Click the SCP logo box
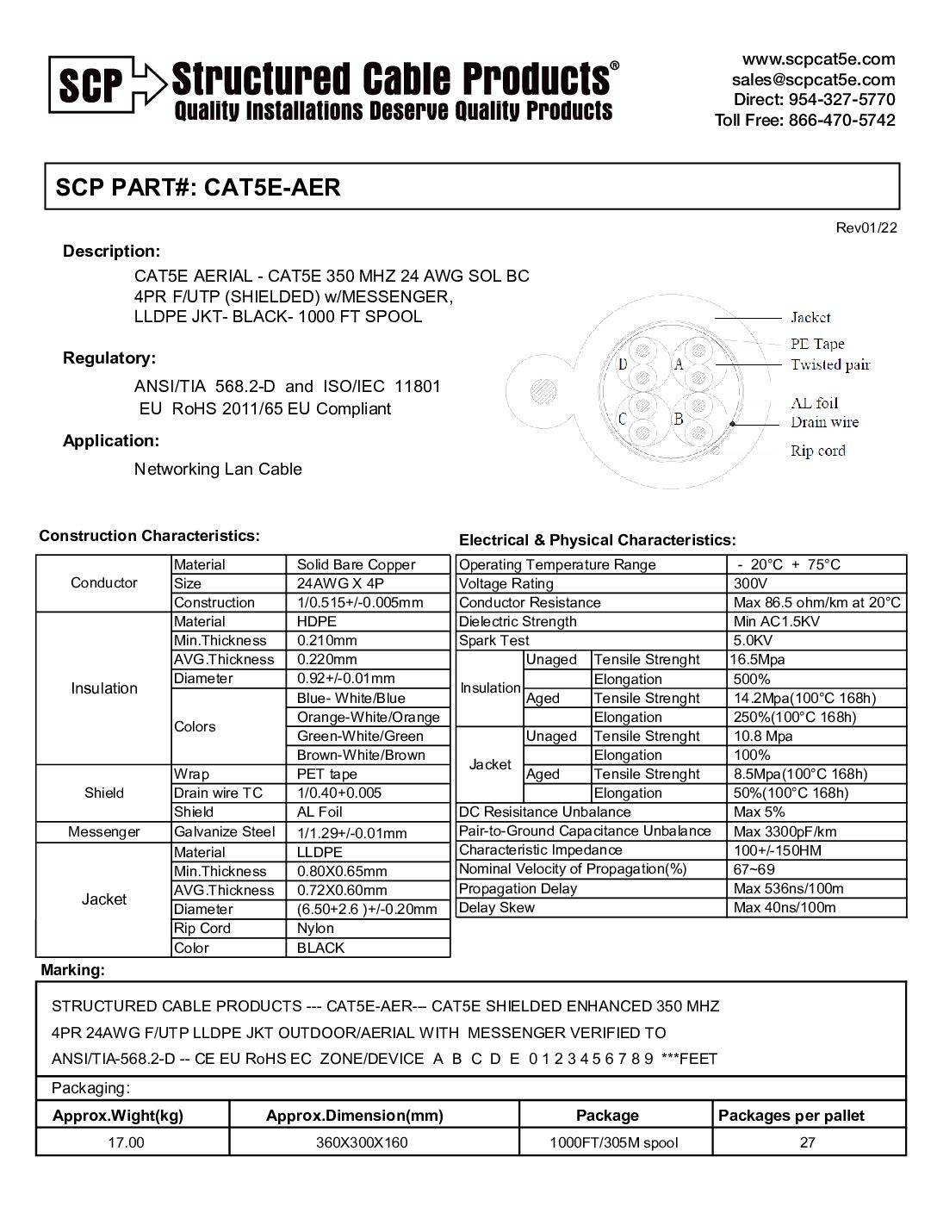90,84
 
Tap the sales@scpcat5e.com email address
813,79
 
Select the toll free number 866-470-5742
841,120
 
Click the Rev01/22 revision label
866,227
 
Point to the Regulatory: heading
109,358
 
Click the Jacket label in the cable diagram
810,318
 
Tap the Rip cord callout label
817,451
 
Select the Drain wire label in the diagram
824,422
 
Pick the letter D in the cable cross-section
623,364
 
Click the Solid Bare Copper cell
356,565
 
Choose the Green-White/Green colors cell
360,737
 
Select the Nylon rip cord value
315,929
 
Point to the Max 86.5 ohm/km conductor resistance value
816,603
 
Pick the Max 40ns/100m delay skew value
785,908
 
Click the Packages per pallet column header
791,1116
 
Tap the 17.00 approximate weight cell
124,1143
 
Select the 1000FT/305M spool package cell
614,1143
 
